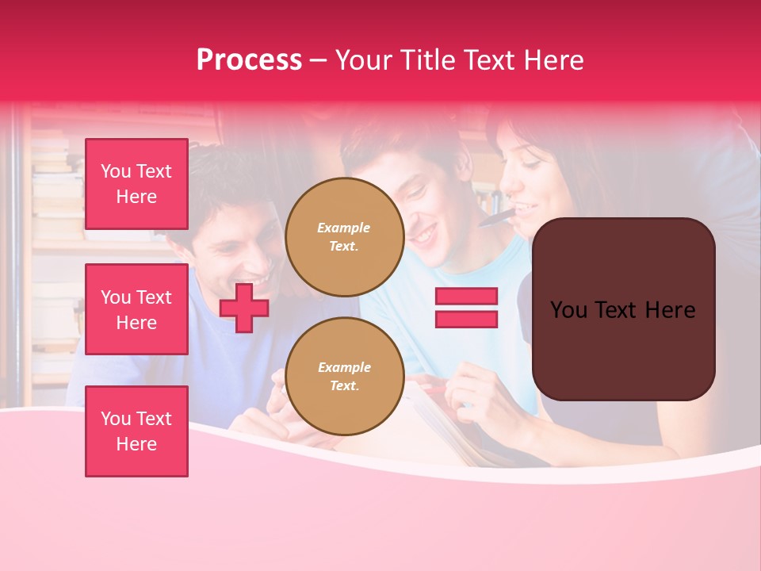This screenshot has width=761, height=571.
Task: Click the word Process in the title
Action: [249, 60]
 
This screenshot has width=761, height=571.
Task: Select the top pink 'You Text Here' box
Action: [136, 184]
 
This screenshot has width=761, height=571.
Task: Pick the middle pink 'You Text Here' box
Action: [136, 309]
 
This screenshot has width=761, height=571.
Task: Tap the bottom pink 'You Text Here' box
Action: [136, 431]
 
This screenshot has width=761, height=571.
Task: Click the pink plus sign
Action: [244, 308]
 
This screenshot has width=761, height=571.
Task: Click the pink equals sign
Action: [466, 308]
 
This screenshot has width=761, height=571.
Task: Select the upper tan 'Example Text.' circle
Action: [344, 236]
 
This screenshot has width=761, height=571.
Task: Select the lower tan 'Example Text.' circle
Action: [344, 376]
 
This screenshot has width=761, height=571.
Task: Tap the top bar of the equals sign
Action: [466, 296]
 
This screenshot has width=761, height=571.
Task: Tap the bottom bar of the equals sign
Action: [466, 320]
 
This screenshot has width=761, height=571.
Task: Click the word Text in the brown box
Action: [622, 310]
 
